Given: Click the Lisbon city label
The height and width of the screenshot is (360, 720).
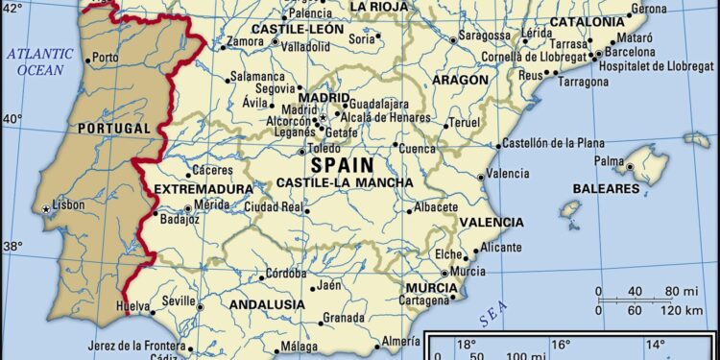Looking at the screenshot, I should tap(69, 204).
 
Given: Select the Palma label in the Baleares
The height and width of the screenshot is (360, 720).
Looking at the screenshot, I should tap(609, 160).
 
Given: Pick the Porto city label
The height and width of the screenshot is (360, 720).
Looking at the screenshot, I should tap(106, 58).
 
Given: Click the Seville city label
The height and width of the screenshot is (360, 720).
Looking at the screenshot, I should tap(179, 300).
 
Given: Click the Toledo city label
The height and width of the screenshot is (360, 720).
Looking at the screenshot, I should tap(324, 151).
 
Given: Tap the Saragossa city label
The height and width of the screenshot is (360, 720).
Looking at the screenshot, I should tap(485, 36).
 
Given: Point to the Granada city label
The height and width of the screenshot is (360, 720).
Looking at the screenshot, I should tap(343, 318).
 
